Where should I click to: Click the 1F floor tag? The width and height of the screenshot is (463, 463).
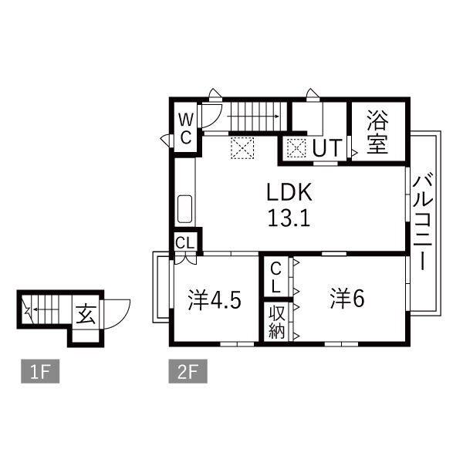(x=40, y=371)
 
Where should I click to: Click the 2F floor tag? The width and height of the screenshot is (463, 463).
(x=188, y=371)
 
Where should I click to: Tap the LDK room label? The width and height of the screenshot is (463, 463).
(x=289, y=192)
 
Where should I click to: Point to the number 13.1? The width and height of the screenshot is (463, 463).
(x=289, y=218)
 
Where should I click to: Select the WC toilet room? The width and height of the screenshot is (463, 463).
(x=186, y=127)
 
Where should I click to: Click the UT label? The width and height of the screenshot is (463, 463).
(x=327, y=148)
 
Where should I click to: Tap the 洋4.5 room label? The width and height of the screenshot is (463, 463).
(x=215, y=300)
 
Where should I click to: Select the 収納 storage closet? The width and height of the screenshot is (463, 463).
(x=277, y=323)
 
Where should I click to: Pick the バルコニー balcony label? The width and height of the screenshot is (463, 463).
(x=423, y=223)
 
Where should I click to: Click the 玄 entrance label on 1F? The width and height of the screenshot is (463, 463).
(x=86, y=315)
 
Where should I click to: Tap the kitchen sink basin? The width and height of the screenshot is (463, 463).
(x=185, y=209)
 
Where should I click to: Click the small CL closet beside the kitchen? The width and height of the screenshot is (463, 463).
(x=185, y=243)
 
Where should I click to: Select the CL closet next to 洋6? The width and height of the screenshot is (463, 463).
(x=276, y=277)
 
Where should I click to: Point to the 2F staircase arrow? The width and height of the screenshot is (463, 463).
(x=253, y=117)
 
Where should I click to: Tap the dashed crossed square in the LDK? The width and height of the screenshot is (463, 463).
(x=242, y=148)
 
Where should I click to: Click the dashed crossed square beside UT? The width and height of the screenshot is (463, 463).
(x=296, y=148)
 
